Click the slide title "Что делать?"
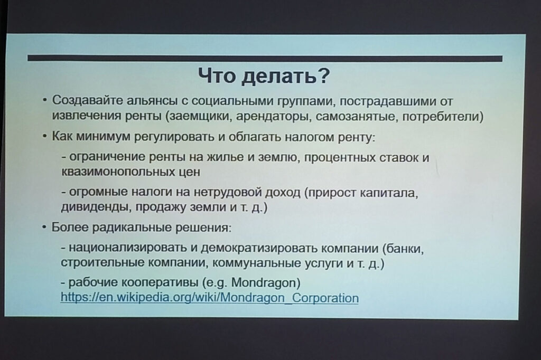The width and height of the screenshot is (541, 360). [x=264, y=76]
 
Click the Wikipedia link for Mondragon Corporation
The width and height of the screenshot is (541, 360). [x=209, y=298]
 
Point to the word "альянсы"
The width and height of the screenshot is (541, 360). [x=152, y=101]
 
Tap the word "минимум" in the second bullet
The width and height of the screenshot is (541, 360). [x=103, y=136]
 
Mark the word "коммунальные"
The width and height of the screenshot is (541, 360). [x=257, y=263]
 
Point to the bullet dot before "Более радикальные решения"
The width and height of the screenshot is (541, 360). [x=44, y=228]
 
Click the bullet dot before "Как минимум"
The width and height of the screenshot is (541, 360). [x=44, y=137]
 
